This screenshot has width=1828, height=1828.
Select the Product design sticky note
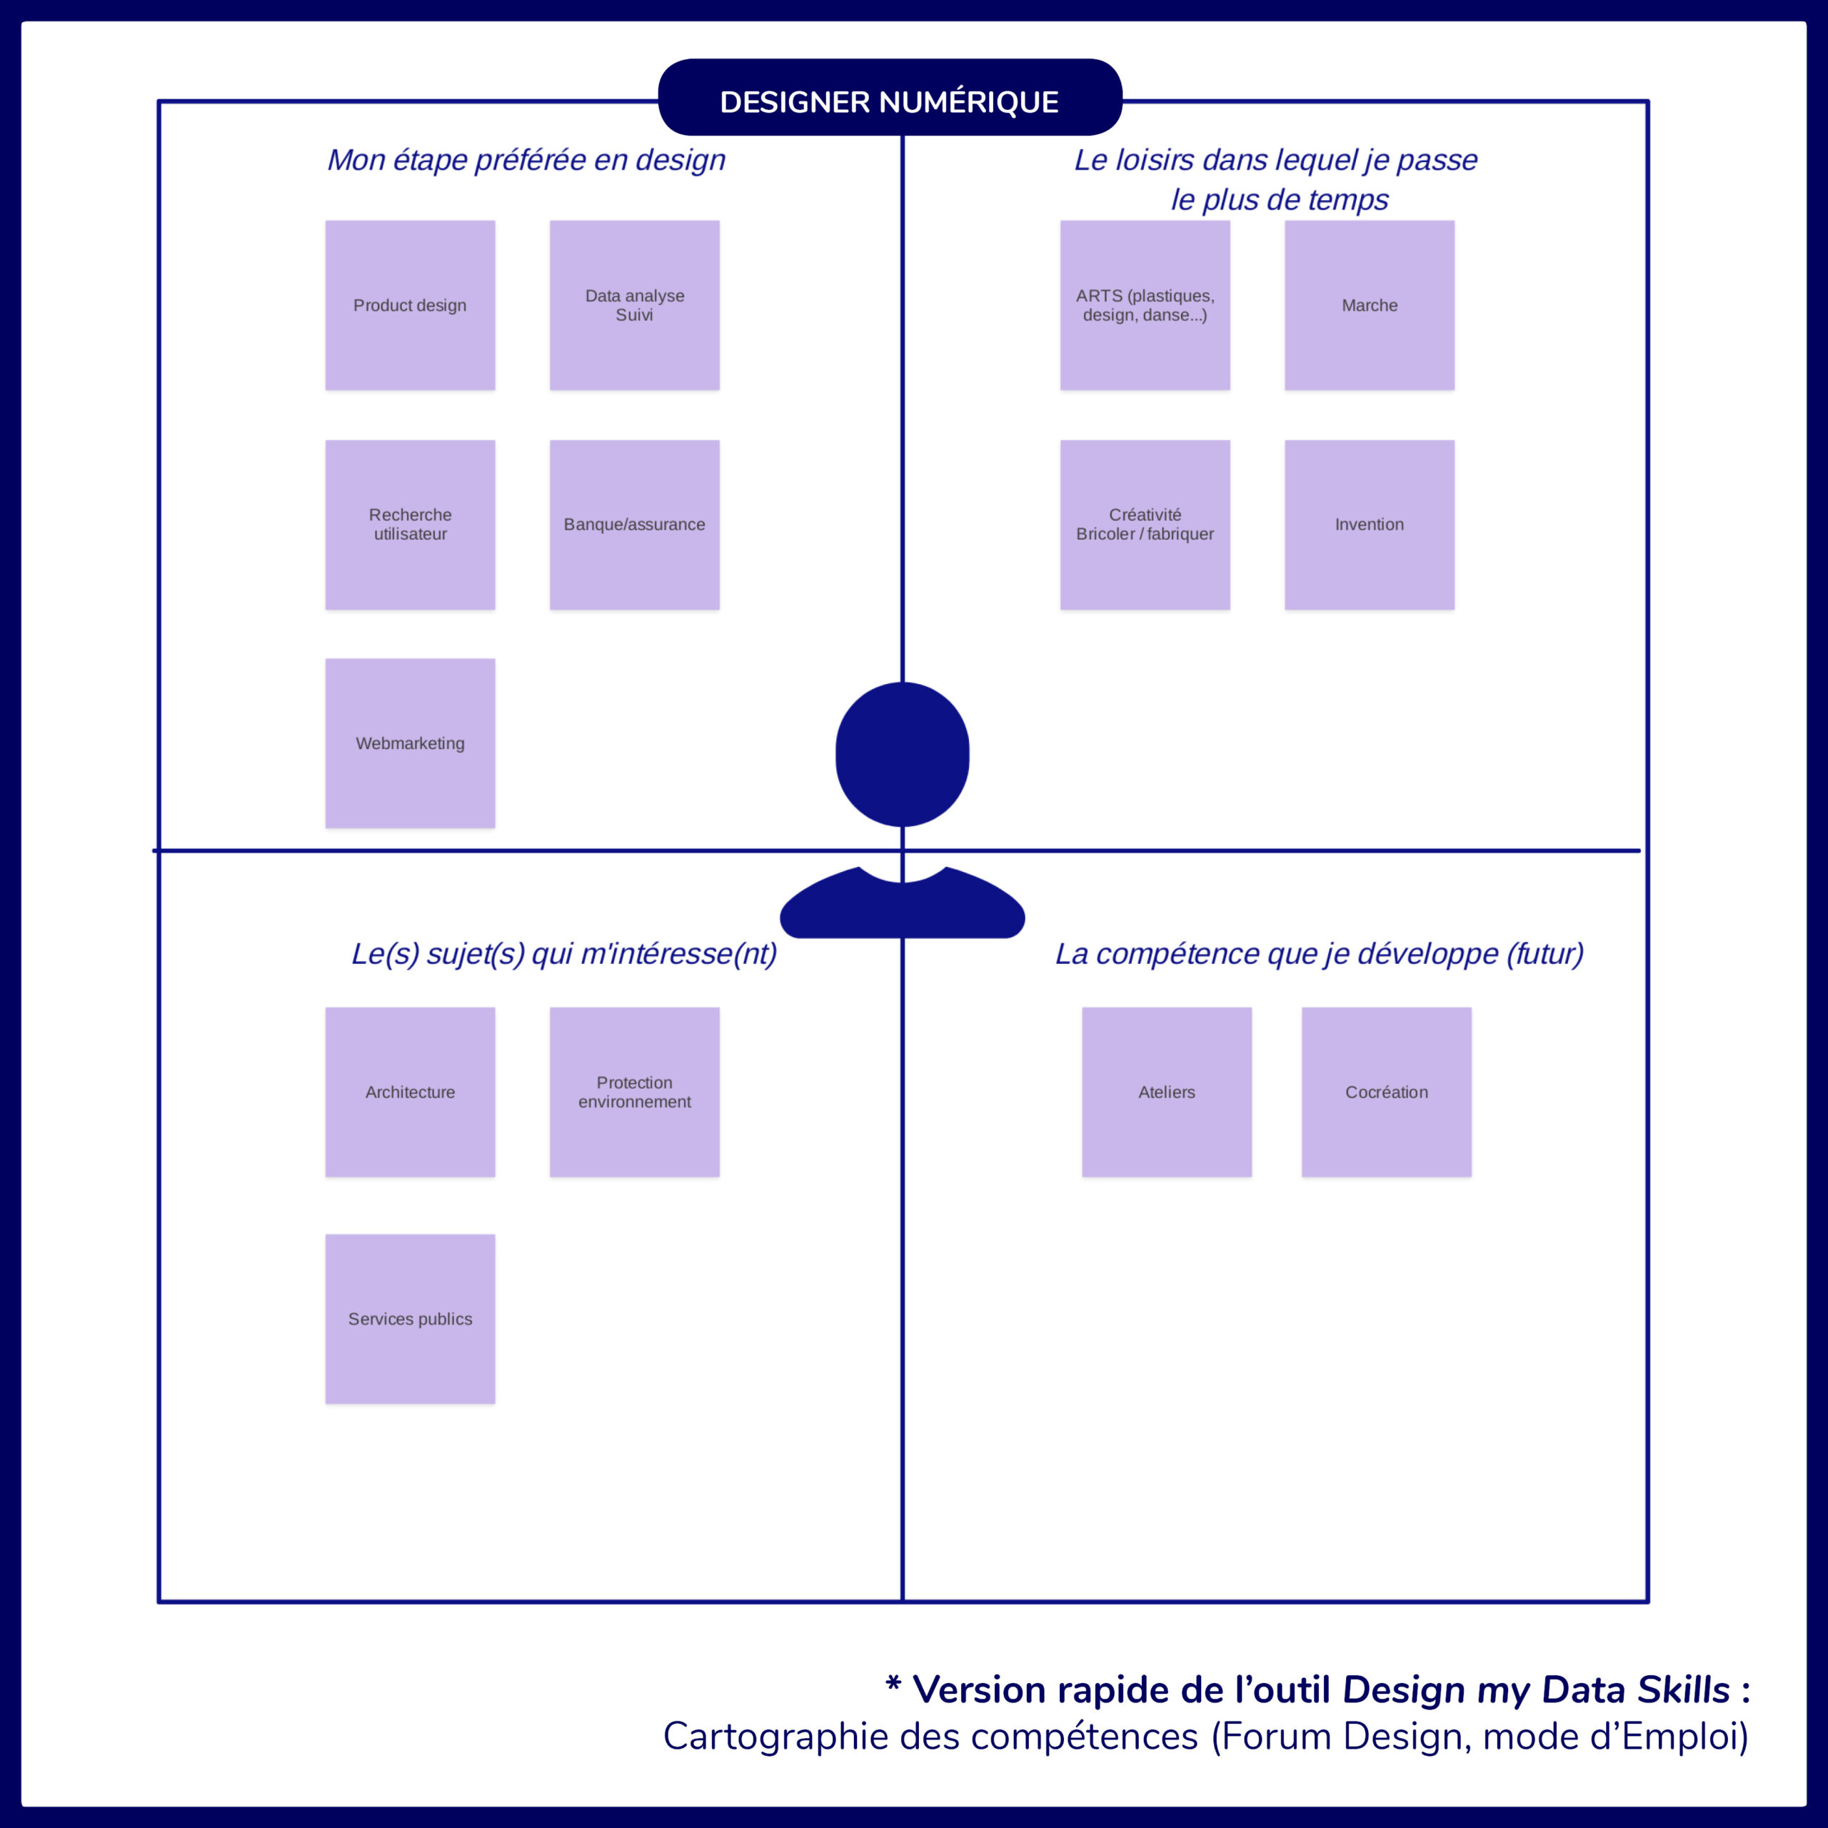(x=410, y=306)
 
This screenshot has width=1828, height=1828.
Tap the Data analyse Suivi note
(x=634, y=306)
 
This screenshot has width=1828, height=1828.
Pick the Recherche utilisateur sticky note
(x=410, y=524)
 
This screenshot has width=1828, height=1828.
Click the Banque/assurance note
(x=634, y=524)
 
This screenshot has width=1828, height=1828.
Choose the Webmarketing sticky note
(x=410, y=743)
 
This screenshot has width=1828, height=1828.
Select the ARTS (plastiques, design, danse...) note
(x=1145, y=306)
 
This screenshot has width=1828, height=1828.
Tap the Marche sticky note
(x=1369, y=306)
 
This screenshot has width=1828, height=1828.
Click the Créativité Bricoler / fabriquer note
(x=1145, y=524)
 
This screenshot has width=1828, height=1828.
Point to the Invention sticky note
(x=1369, y=524)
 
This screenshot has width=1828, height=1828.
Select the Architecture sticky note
(x=410, y=1092)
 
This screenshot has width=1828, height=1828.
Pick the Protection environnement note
(x=634, y=1092)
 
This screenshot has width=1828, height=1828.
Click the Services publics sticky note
(x=410, y=1319)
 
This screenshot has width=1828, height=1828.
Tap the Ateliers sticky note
(x=1167, y=1092)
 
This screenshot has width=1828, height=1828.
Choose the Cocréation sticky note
(x=1386, y=1092)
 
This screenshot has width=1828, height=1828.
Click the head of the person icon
(x=902, y=754)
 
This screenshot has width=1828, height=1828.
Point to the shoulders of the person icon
(x=902, y=908)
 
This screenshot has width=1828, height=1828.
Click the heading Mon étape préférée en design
(x=526, y=160)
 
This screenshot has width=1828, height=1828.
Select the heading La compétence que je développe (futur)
(x=1319, y=954)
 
